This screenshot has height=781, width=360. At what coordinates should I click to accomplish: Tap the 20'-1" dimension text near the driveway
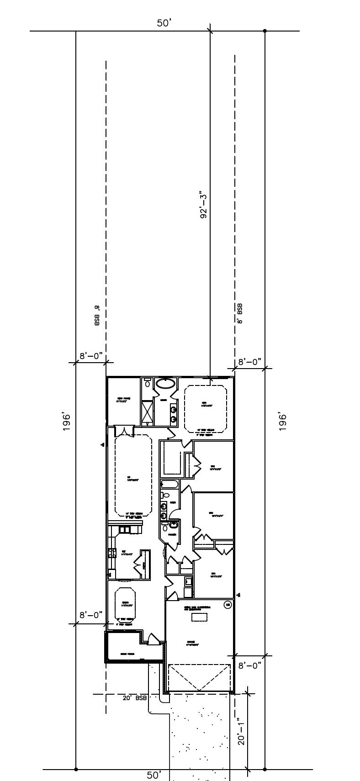pos(242,730)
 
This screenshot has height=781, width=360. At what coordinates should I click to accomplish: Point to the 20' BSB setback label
pos(134,698)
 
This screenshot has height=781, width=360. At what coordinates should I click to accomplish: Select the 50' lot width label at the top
pos(164,23)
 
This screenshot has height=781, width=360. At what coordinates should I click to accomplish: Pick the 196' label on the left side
pos(67,422)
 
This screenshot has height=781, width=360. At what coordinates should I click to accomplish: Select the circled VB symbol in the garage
pos(228,605)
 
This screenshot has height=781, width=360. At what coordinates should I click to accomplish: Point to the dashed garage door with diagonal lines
pos(199,677)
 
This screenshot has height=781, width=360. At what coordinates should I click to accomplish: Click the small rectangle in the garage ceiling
pos(199,617)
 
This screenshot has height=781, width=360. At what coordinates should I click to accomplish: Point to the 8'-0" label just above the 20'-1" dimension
pos(249,665)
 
